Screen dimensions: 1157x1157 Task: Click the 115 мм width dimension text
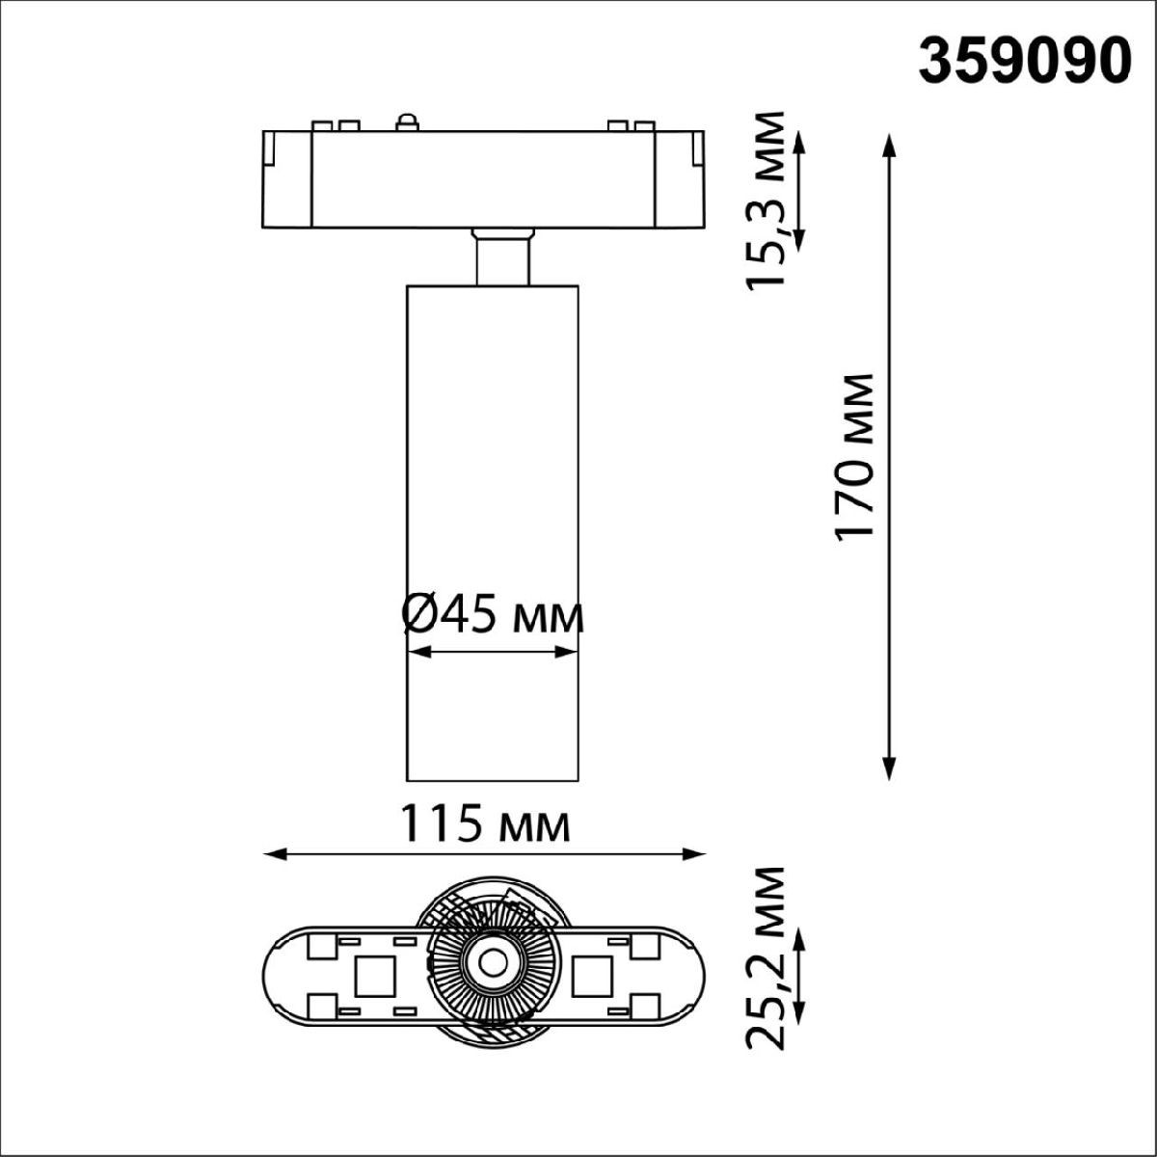485,824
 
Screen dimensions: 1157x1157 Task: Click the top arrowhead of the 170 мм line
890,147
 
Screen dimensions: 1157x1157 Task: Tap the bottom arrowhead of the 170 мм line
890,767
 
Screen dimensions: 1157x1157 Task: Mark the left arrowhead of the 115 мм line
276,854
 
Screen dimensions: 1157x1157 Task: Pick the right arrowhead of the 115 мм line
692,854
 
